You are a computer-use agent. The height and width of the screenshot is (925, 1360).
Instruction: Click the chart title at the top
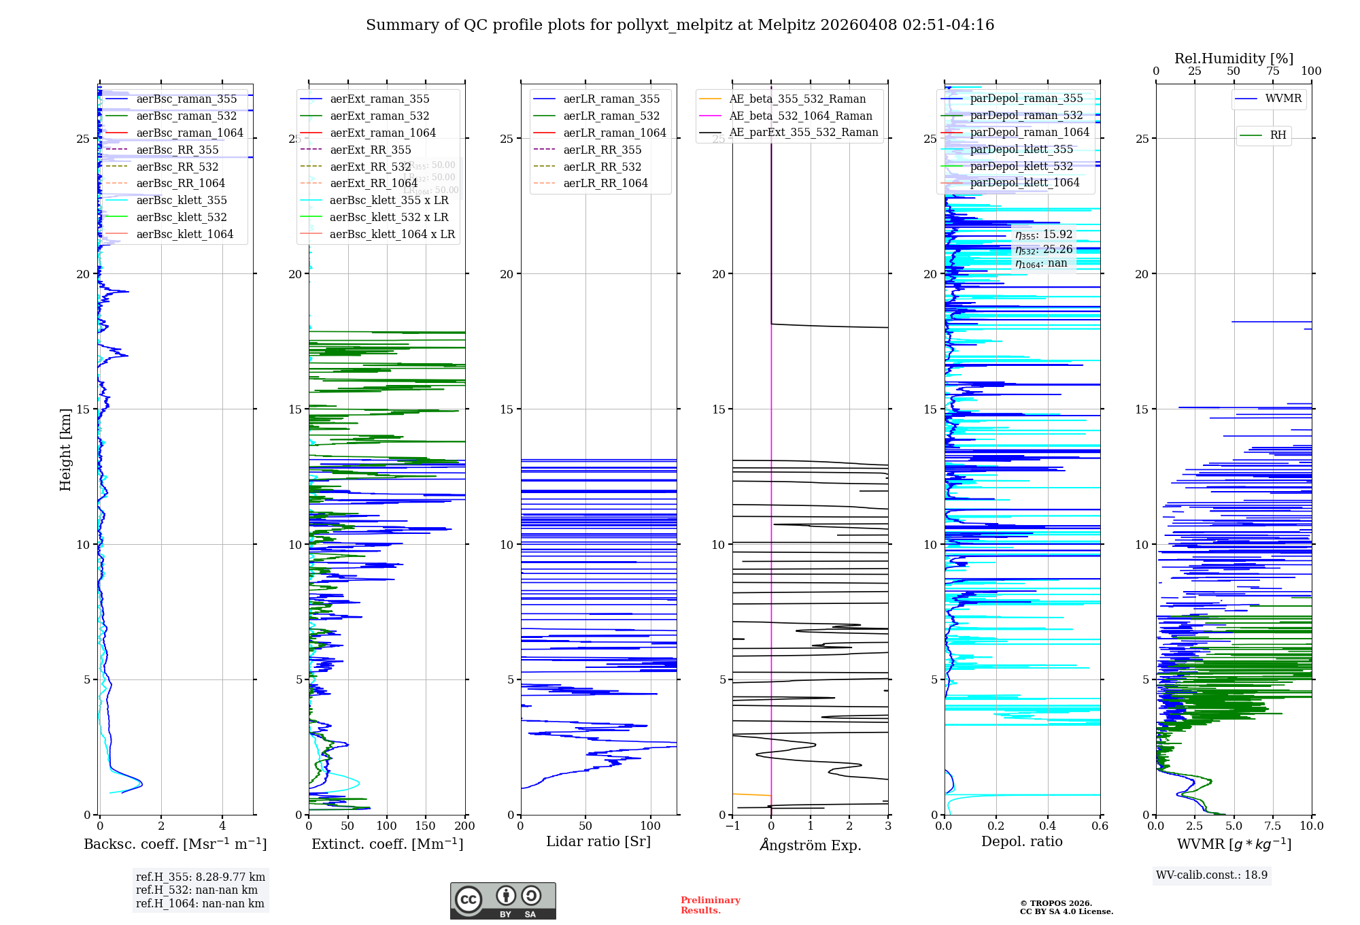[680, 25]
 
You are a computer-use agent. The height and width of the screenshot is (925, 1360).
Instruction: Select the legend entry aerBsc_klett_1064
[184, 234]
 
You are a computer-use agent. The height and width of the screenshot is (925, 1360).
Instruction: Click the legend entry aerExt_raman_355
[379, 99]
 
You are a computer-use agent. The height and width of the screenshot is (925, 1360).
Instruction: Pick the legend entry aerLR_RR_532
[602, 167]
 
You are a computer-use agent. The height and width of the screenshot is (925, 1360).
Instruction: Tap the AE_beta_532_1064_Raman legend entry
[800, 116]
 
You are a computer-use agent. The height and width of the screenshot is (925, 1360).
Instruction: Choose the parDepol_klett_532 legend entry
[1021, 166]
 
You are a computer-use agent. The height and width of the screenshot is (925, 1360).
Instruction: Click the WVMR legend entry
[1283, 99]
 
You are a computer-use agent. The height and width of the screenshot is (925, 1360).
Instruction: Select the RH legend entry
[1278, 135]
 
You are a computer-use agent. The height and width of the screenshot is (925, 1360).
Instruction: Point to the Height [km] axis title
[65, 450]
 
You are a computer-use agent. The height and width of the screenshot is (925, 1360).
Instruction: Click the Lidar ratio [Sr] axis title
[598, 841]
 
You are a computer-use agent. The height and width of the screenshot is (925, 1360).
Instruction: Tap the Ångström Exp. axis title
[810, 845]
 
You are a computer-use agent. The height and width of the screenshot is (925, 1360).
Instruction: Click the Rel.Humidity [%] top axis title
[1234, 58]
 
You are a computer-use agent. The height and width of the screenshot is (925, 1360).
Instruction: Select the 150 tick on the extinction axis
[426, 826]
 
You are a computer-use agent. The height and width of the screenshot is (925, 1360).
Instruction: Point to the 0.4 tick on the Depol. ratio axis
[1048, 826]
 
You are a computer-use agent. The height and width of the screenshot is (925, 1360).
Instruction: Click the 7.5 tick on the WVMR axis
[1273, 826]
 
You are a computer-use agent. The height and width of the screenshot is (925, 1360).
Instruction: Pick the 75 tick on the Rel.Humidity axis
[1272, 71]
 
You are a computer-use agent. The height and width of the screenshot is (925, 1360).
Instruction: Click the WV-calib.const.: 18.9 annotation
[1212, 875]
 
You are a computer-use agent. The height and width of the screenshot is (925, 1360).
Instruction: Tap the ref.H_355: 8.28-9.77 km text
[201, 877]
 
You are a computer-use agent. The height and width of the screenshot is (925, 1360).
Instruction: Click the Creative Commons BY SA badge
[503, 901]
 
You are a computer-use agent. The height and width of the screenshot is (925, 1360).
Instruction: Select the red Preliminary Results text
[710, 905]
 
